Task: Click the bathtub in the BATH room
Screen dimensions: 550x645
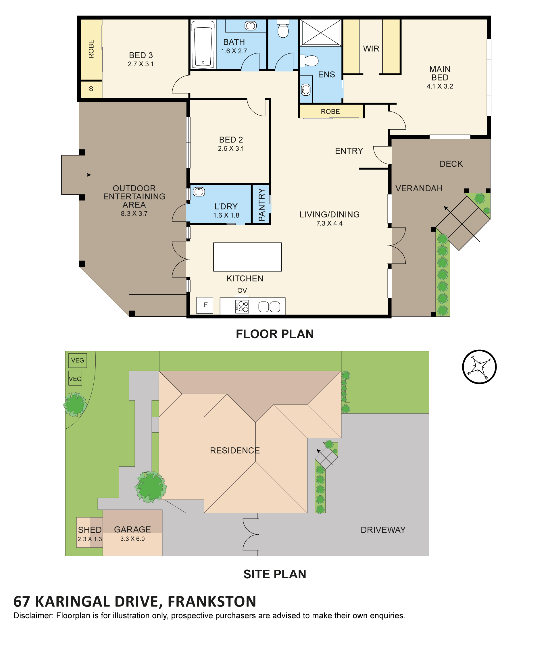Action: coord(203,44)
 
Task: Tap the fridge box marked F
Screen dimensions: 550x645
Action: coord(205,305)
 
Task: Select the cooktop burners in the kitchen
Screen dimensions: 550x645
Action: coord(242,306)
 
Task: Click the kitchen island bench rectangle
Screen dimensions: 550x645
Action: coord(247,257)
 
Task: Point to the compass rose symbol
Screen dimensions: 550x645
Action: coord(479,367)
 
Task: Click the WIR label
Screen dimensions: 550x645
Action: coord(371,49)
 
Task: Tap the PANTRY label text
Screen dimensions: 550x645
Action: coord(261,205)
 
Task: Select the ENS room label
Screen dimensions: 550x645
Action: coord(326,74)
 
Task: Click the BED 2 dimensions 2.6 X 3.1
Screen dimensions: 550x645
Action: coord(231,149)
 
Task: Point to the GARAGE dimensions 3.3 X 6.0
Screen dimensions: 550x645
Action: coord(132,539)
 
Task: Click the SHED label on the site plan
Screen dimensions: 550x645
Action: coord(90,530)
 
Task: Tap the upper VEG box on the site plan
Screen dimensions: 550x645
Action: coord(78,361)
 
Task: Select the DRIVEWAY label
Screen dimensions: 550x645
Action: coord(383,530)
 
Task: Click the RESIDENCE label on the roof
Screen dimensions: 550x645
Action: coord(235,450)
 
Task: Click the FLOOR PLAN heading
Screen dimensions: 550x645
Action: coord(275,334)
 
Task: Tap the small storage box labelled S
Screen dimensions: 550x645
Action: coord(91,89)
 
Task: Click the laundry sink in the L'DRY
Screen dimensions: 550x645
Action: coord(199,192)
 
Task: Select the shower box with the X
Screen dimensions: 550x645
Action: coord(321,33)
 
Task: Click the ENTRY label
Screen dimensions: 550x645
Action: coord(349,151)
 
